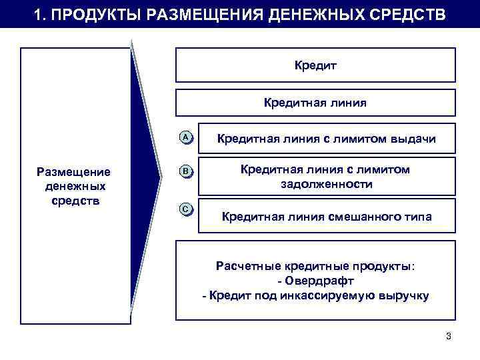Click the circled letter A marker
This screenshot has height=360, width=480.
click(187, 137)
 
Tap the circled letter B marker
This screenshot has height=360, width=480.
click(187, 171)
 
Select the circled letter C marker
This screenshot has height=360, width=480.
click(187, 209)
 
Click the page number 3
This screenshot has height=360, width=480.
click(449, 335)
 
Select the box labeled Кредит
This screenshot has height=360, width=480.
click(315, 65)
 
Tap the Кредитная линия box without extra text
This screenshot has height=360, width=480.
click(315, 103)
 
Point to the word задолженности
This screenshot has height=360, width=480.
click(325, 184)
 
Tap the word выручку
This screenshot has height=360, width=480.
click(404, 295)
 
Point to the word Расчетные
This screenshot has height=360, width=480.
click(243, 266)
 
